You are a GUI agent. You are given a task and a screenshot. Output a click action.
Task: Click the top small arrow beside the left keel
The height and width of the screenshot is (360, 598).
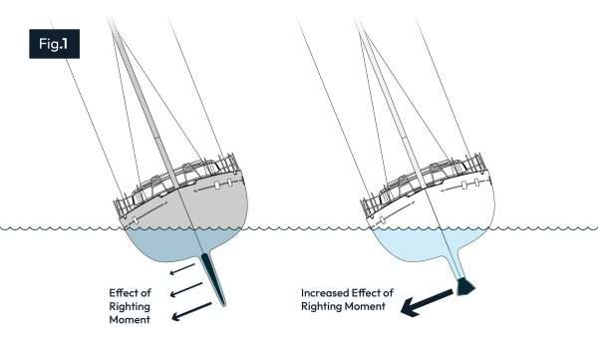point(180,270)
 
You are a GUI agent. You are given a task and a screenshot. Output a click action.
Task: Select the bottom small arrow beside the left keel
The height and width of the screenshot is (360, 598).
point(183,316)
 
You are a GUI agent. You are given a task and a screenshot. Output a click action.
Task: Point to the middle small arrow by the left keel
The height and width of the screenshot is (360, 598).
point(181,293)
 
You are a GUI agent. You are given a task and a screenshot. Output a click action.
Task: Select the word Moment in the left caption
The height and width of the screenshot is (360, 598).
point(135,321)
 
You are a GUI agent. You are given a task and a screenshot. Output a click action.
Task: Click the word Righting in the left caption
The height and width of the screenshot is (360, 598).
point(134,307)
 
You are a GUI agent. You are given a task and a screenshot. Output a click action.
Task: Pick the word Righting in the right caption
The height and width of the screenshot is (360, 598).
point(324,308)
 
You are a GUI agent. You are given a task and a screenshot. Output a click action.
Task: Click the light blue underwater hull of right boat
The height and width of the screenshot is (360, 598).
point(419,244)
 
